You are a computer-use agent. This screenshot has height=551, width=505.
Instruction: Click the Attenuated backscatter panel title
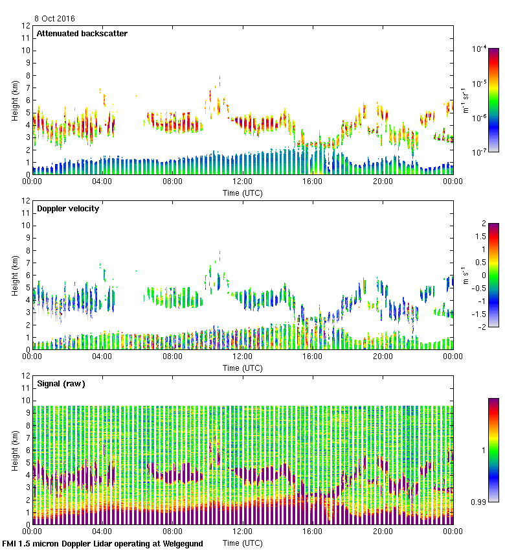pyautogui.click(x=82, y=34)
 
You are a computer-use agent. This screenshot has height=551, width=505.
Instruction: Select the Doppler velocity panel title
pyautogui.click(x=68, y=209)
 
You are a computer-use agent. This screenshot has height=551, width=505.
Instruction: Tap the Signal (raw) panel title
pyautogui.click(x=61, y=384)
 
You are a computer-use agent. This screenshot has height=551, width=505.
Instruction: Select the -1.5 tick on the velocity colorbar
pyautogui.click(x=480, y=314)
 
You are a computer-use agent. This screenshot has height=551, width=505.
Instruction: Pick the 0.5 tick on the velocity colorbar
pyautogui.click(x=480, y=262)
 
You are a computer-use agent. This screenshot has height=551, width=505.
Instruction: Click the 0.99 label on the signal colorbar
pyautogui.click(x=480, y=502)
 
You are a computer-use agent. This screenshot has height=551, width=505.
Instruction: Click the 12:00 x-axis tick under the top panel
pyautogui.click(x=243, y=182)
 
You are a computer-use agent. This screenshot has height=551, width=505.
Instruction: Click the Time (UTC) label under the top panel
pyautogui.click(x=243, y=193)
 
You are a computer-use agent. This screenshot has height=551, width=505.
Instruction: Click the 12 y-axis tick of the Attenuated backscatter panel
pyautogui.click(x=27, y=26)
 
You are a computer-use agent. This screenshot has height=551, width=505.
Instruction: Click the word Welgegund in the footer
pyautogui.click(x=181, y=543)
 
